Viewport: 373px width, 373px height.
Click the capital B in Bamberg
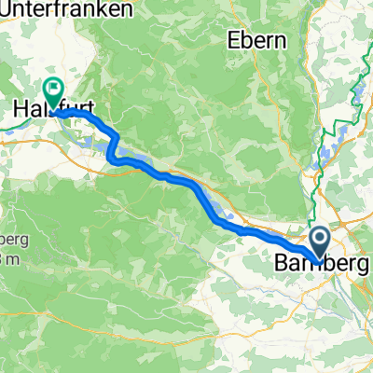pos(282,265)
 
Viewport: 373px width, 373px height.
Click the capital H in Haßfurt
pos(20,111)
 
